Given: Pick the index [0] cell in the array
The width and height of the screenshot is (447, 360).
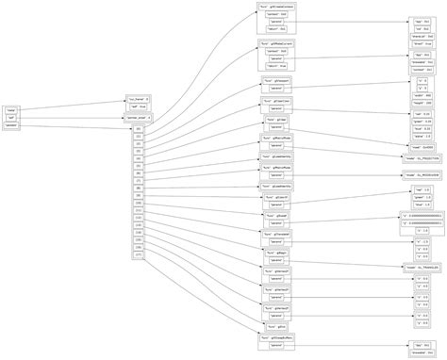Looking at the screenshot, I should (139, 127).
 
